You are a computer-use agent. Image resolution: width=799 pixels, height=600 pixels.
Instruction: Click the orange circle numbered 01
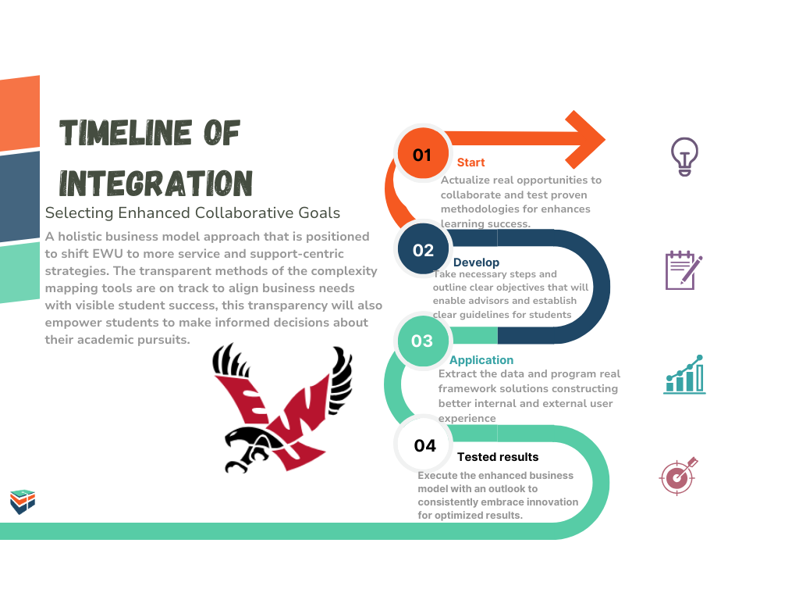[x=423, y=154]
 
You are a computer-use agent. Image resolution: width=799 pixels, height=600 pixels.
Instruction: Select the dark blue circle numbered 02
[x=423, y=249]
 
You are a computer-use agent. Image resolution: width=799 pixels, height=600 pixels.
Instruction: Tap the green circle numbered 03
[x=422, y=341]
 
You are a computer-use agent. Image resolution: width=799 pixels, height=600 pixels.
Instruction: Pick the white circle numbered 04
[x=424, y=445]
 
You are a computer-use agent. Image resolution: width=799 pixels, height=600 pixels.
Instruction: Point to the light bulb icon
[x=684, y=156]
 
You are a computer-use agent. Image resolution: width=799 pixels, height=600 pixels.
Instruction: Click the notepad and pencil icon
[x=684, y=270]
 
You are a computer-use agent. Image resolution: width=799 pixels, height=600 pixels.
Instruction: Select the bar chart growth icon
[x=684, y=374]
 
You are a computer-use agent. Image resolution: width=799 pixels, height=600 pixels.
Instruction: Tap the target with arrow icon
[x=678, y=476]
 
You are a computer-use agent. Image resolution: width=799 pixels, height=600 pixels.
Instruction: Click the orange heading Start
[x=471, y=162]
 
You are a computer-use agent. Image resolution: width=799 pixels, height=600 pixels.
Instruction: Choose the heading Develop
[x=477, y=262]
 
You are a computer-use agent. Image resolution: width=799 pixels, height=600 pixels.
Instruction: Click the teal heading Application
[x=481, y=360]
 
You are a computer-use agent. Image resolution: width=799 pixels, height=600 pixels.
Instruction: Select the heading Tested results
[x=498, y=456]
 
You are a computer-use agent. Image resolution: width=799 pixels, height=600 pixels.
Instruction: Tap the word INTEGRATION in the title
[x=156, y=183]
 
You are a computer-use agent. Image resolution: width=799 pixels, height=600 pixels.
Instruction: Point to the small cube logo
[x=23, y=502]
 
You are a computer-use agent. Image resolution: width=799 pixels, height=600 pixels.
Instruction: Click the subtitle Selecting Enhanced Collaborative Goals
[x=193, y=212]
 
